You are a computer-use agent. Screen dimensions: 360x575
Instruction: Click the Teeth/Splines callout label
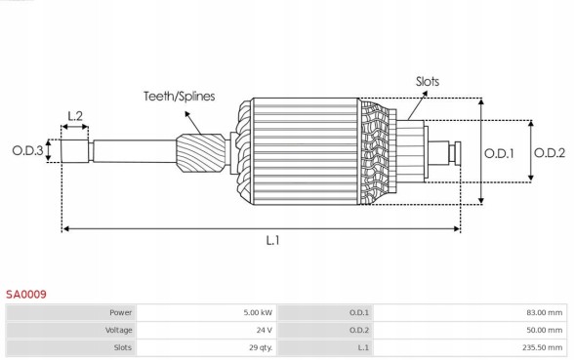click(x=179, y=97)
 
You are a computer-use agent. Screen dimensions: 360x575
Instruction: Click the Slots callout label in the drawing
click(x=428, y=82)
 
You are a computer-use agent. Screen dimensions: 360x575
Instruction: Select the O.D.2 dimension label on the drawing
click(x=551, y=151)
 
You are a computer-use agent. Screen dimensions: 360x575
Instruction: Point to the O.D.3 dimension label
click(x=27, y=150)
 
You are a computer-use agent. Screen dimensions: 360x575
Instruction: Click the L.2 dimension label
click(x=74, y=116)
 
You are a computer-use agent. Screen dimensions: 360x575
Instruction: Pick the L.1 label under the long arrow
click(x=272, y=240)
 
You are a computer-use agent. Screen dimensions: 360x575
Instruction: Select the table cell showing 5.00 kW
click(x=258, y=312)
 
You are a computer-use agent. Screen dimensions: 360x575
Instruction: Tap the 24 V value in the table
click(x=264, y=330)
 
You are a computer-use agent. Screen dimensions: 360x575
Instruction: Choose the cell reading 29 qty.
click(x=259, y=347)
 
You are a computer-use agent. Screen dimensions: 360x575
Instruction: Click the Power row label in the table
click(x=120, y=312)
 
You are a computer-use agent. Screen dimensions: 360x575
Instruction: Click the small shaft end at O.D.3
click(x=75, y=152)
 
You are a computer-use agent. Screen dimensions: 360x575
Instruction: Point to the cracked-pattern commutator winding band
click(x=377, y=152)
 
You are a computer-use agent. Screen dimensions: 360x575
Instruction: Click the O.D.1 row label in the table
click(x=359, y=312)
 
